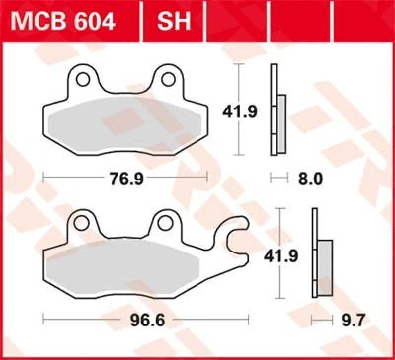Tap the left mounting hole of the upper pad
tap(82, 78)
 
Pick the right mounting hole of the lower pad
tap(166, 223)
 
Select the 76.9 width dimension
tap(126, 179)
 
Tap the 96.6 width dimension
tap(147, 321)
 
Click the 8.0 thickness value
tap(312, 179)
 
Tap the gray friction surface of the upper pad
tap(123, 123)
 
